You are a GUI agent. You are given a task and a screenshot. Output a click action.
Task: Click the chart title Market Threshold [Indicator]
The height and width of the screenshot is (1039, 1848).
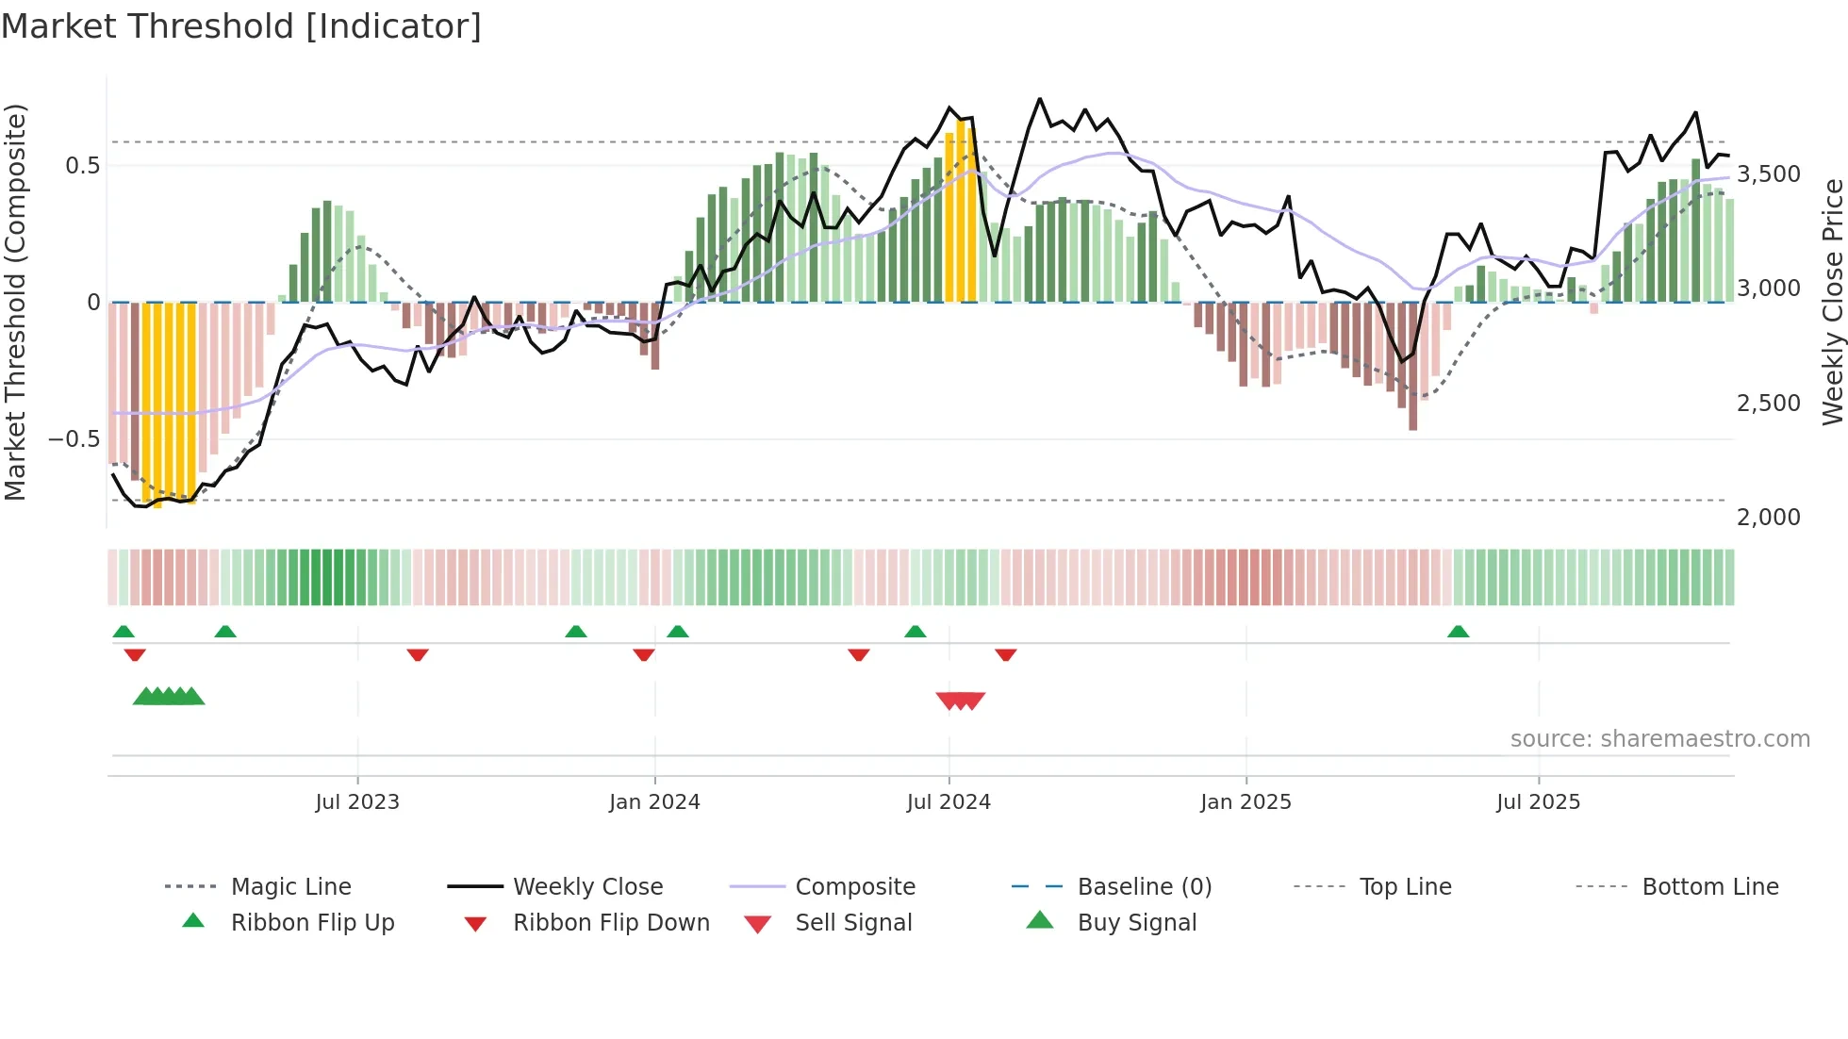click(x=241, y=26)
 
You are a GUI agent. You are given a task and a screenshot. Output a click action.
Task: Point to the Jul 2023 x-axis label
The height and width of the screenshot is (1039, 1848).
click(x=357, y=802)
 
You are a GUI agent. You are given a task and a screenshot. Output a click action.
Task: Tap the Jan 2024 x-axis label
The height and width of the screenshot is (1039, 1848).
click(x=654, y=802)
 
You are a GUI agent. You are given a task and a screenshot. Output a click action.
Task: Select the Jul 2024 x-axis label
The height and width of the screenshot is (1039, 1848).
click(x=949, y=802)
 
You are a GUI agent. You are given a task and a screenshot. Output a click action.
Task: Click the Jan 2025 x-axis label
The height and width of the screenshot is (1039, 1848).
click(x=1246, y=802)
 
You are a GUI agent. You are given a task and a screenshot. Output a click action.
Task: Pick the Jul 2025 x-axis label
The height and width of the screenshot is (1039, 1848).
click(x=1538, y=802)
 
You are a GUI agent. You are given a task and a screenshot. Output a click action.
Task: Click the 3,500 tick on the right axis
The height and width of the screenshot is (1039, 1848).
click(x=1768, y=174)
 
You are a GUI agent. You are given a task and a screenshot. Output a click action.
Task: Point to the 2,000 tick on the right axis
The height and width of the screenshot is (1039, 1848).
click(x=1768, y=518)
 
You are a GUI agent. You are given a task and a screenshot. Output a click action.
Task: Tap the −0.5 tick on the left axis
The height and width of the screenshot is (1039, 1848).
click(x=74, y=439)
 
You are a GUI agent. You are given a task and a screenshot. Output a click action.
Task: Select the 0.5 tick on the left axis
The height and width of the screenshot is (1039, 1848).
click(x=82, y=166)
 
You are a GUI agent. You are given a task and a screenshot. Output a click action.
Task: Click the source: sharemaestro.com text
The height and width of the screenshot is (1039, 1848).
click(x=1659, y=739)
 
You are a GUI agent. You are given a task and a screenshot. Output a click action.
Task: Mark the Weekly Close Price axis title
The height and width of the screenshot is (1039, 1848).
click(x=1832, y=302)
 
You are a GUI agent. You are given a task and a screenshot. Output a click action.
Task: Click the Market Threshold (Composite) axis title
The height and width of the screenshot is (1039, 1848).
click(x=15, y=302)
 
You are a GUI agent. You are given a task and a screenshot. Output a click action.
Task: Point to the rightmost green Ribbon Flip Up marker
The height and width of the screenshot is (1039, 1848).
click(x=1458, y=632)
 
